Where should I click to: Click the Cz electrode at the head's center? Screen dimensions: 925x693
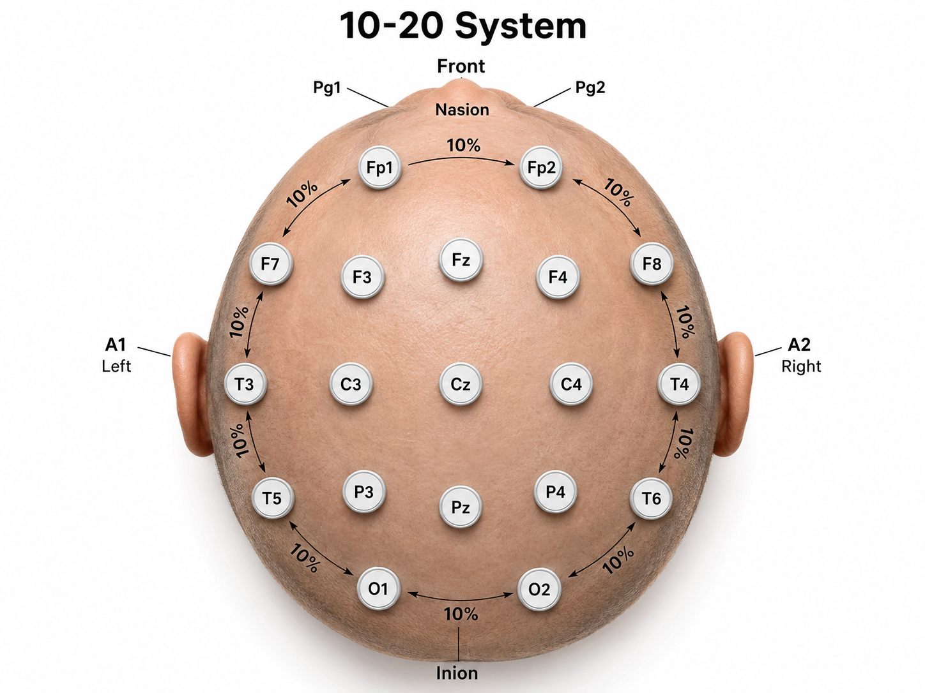(x=460, y=384)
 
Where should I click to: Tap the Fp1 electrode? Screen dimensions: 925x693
(x=379, y=167)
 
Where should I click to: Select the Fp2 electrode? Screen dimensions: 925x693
(x=541, y=167)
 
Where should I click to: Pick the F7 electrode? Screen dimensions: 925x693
(x=271, y=264)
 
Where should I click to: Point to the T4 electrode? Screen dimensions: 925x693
(x=679, y=384)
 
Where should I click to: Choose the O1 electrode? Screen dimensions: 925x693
(x=378, y=588)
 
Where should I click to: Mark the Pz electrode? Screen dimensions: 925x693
(x=460, y=507)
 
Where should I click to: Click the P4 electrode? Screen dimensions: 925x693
(x=555, y=492)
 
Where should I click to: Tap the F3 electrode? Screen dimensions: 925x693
(x=362, y=278)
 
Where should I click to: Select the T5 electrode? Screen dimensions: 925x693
(x=272, y=498)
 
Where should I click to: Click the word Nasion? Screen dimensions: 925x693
(x=462, y=110)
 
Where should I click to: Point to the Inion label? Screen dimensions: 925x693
(x=457, y=673)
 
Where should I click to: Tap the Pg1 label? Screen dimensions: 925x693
(x=326, y=88)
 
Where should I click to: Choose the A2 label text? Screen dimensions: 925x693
(x=799, y=345)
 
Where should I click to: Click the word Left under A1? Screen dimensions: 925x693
(x=116, y=366)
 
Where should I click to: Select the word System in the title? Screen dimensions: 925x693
(x=521, y=26)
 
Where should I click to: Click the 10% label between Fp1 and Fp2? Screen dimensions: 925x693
(x=464, y=145)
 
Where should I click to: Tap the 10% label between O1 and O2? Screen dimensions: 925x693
(x=461, y=615)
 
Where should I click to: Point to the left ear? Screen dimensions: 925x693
(x=192, y=394)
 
